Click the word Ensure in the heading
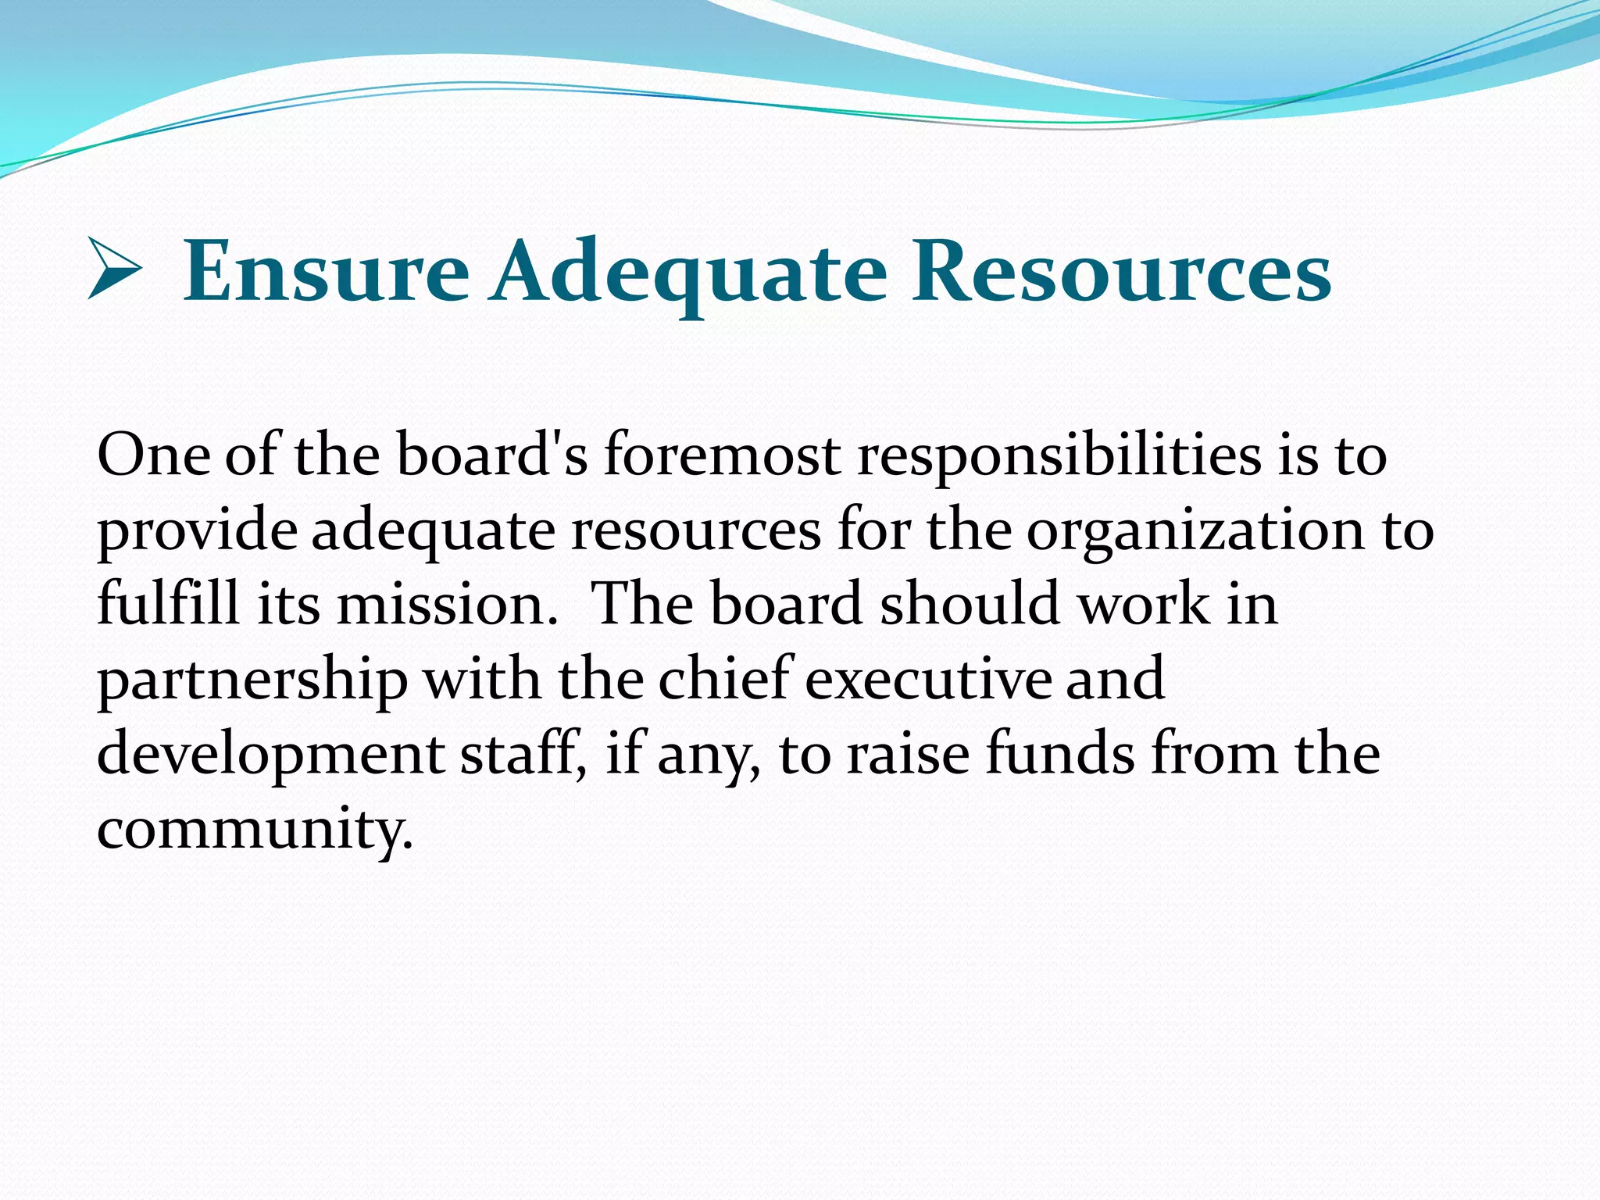326,273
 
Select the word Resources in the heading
1122,273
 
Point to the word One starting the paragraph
153,455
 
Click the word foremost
722,455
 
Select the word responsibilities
1059,456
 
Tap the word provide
197,531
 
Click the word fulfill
168,604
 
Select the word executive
928,679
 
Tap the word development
270,755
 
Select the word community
254,830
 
